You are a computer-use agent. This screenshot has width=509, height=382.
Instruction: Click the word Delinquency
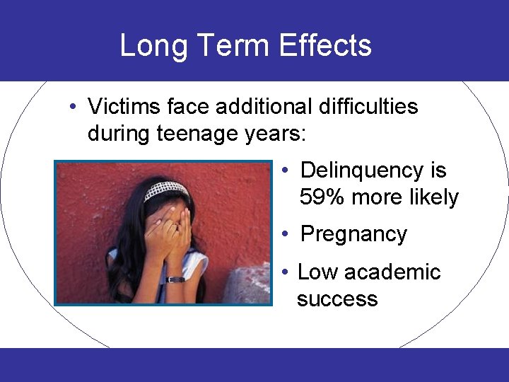tap(362, 170)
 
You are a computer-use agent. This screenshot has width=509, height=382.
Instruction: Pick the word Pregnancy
tap(353, 235)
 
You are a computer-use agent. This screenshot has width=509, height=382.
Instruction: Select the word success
tap(337, 299)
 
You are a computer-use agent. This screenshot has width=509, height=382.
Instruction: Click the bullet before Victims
tap(73, 107)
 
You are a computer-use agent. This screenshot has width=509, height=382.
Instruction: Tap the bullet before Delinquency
tap(283, 170)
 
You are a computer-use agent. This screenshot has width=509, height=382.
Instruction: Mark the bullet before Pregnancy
tap(283, 235)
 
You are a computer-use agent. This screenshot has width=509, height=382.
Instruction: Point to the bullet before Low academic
tap(283, 272)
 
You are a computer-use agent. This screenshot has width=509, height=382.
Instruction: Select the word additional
tap(262, 107)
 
